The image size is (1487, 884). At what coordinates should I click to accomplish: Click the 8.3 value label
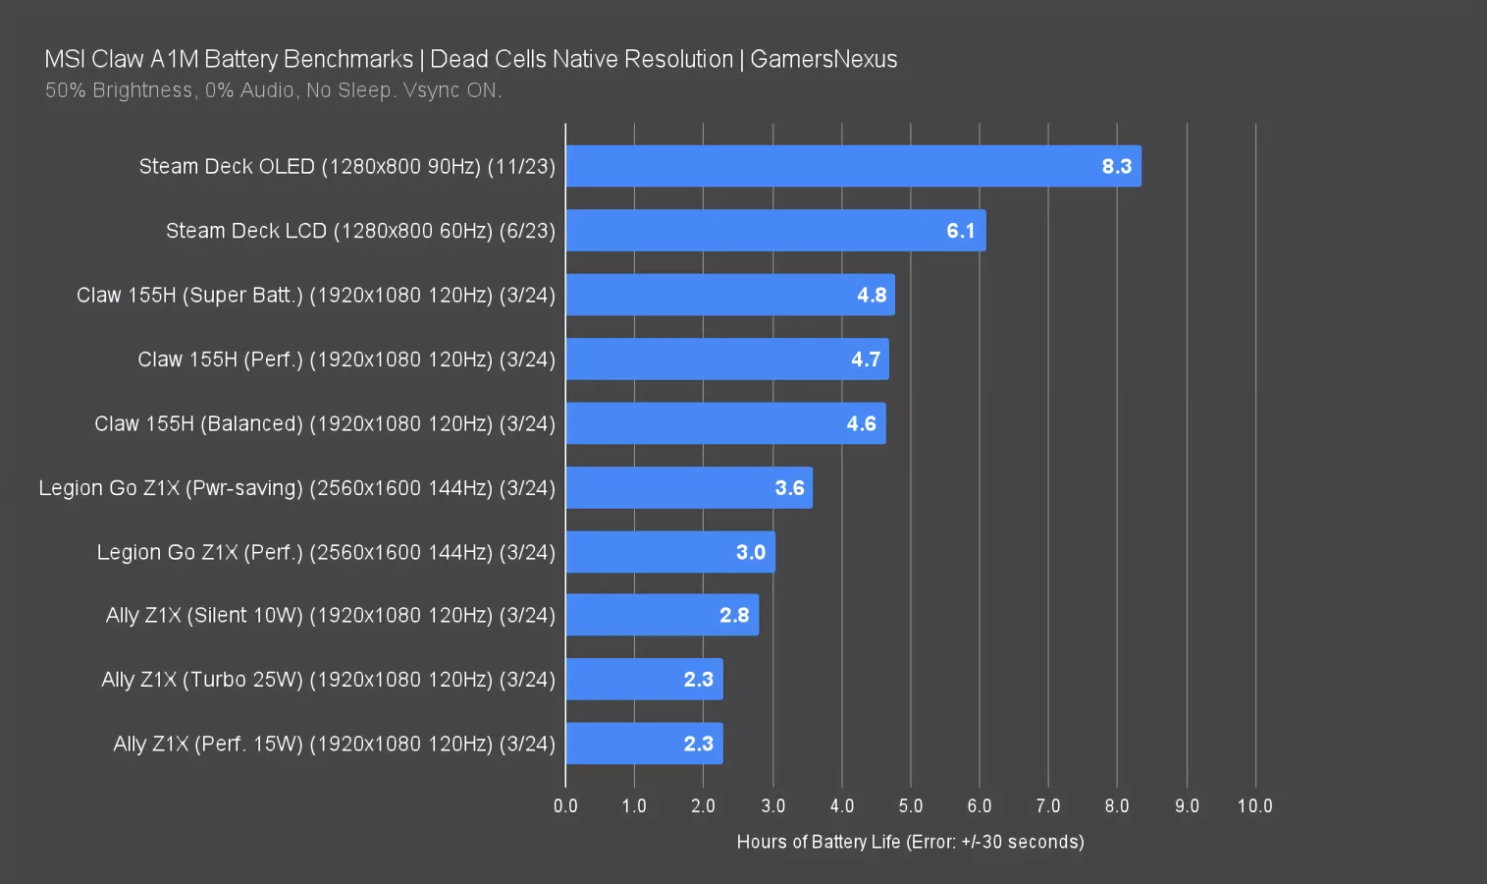tap(1116, 166)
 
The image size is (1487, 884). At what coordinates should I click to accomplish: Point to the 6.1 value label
tap(960, 231)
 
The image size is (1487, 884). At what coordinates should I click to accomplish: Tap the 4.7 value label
tap(865, 359)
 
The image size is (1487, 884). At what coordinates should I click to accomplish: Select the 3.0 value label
tap(750, 552)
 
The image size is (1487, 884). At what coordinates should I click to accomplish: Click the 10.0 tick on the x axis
tap(1254, 806)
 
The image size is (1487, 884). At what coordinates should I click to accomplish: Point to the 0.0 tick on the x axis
tap(565, 806)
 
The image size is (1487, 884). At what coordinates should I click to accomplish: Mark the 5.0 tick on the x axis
tap(910, 806)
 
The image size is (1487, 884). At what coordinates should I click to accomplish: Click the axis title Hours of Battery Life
tap(910, 842)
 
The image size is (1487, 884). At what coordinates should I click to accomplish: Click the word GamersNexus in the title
tap(823, 59)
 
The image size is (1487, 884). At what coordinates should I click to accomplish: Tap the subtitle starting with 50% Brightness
tap(273, 90)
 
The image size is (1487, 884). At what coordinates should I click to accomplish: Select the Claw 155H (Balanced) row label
tap(325, 423)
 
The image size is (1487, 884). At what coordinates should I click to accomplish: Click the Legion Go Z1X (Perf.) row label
tap(326, 552)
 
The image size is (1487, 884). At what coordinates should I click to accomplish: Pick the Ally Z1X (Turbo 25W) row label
tap(328, 680)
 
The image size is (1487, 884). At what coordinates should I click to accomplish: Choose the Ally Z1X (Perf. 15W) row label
tap(334, 744)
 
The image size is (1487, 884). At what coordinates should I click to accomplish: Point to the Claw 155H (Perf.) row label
tap(346, 359)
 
